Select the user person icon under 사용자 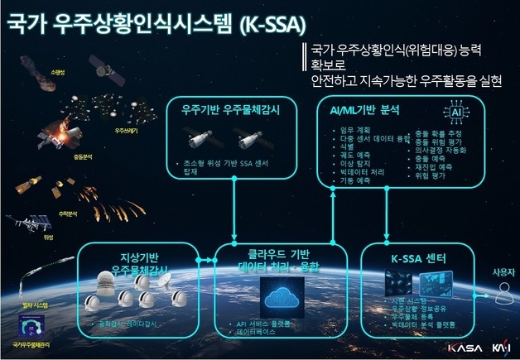[503, 289]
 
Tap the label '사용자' [503, 271]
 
